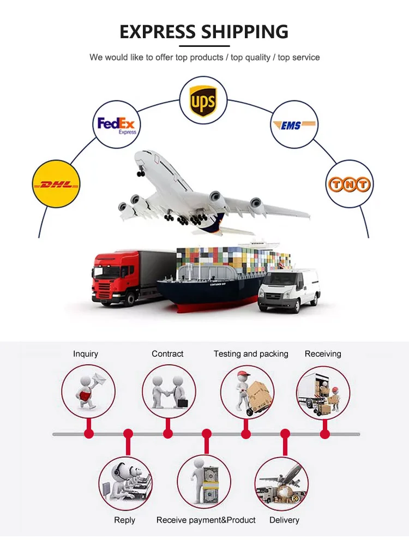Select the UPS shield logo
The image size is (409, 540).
point(203,100)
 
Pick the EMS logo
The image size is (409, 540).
point(294,125)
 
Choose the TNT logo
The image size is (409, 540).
point(349,184)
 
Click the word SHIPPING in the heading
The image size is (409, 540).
point(244,32)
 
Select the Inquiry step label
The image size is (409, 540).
point(86,354)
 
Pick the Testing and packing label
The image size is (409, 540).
point(251,354)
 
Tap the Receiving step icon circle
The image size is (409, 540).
point(323,392)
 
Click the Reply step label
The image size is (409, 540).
point(125,520)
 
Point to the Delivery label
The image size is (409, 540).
point(284,520)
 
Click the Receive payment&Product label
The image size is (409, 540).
point(206,520)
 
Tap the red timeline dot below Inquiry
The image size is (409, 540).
point(88,434)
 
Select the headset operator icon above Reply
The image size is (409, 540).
point(125,483)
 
